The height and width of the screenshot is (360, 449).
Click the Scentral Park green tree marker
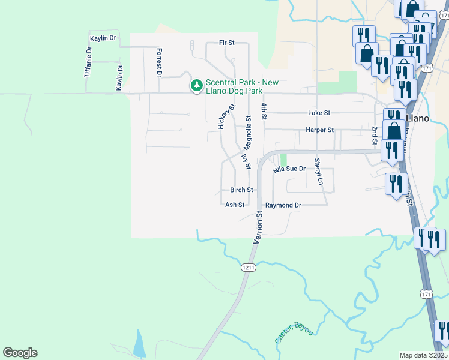coord(196,86)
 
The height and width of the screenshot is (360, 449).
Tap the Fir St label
coord(226,43)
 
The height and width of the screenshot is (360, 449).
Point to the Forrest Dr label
coord(160,63)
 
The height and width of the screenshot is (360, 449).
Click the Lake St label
coord(319,113)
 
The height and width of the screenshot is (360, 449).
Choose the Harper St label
coord(319,130)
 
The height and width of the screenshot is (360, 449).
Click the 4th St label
coord(263,110)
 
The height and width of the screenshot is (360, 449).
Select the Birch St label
coord(241,190)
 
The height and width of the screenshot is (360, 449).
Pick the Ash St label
coord(235,205)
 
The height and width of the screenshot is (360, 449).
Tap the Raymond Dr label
coord(283,205)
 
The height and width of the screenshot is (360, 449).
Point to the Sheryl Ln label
coord(320,172)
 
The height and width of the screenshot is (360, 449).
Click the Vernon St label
coord(259,227)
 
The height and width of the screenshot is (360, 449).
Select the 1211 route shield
coord(249,267)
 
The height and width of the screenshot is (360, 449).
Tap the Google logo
coord(20,353)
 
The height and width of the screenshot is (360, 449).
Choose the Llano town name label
coord(417,118)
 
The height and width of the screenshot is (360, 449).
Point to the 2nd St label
coord(375,136)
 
